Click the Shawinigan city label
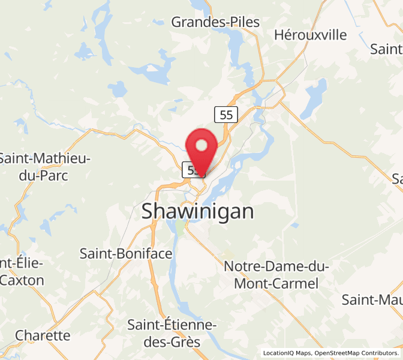(x=197, y=211)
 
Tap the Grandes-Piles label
(x=215, y=22)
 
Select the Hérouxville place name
(x=310, y=35)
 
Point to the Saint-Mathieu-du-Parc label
(x=44, y=167)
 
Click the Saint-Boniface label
(x=126, y=254)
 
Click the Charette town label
(x=43, y=335)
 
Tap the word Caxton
(x=22, y=280)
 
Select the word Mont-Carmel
(x=275, y=284)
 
